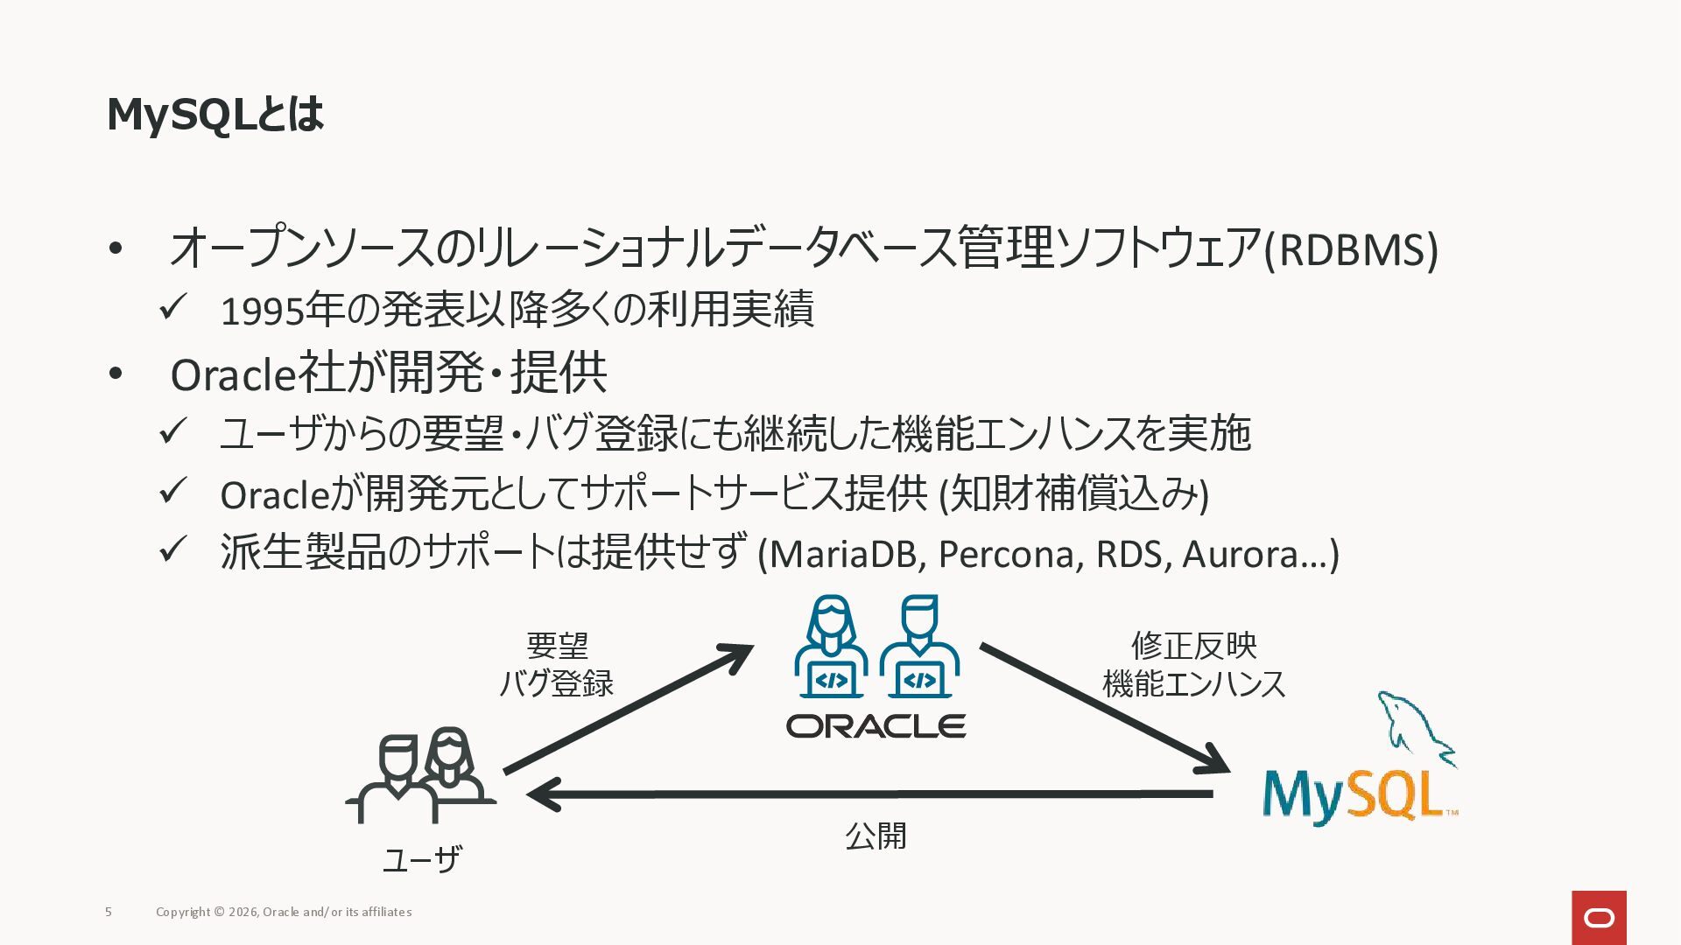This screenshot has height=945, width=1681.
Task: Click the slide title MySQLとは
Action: tap(215, 115)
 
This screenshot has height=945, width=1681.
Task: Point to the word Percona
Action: tap(1006, 554)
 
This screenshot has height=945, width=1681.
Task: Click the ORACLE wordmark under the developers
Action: tap(876, 726)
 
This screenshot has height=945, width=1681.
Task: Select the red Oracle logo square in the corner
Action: tap(1599, 917)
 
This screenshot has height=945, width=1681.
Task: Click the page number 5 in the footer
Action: tap(109, 912)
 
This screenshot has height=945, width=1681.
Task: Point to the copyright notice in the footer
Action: tap(284, 912)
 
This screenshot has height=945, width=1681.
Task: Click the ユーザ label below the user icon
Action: tap(421, 860)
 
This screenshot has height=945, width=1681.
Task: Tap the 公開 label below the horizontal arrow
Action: tap(876, 836)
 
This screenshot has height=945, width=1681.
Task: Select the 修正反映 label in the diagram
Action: tap(1193, 646)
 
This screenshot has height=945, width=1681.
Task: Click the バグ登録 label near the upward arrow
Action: tap(556, 683)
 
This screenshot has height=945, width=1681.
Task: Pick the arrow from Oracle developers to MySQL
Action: tap(1103, 708)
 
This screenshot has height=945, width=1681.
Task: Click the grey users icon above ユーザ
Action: tap(421, 775)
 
